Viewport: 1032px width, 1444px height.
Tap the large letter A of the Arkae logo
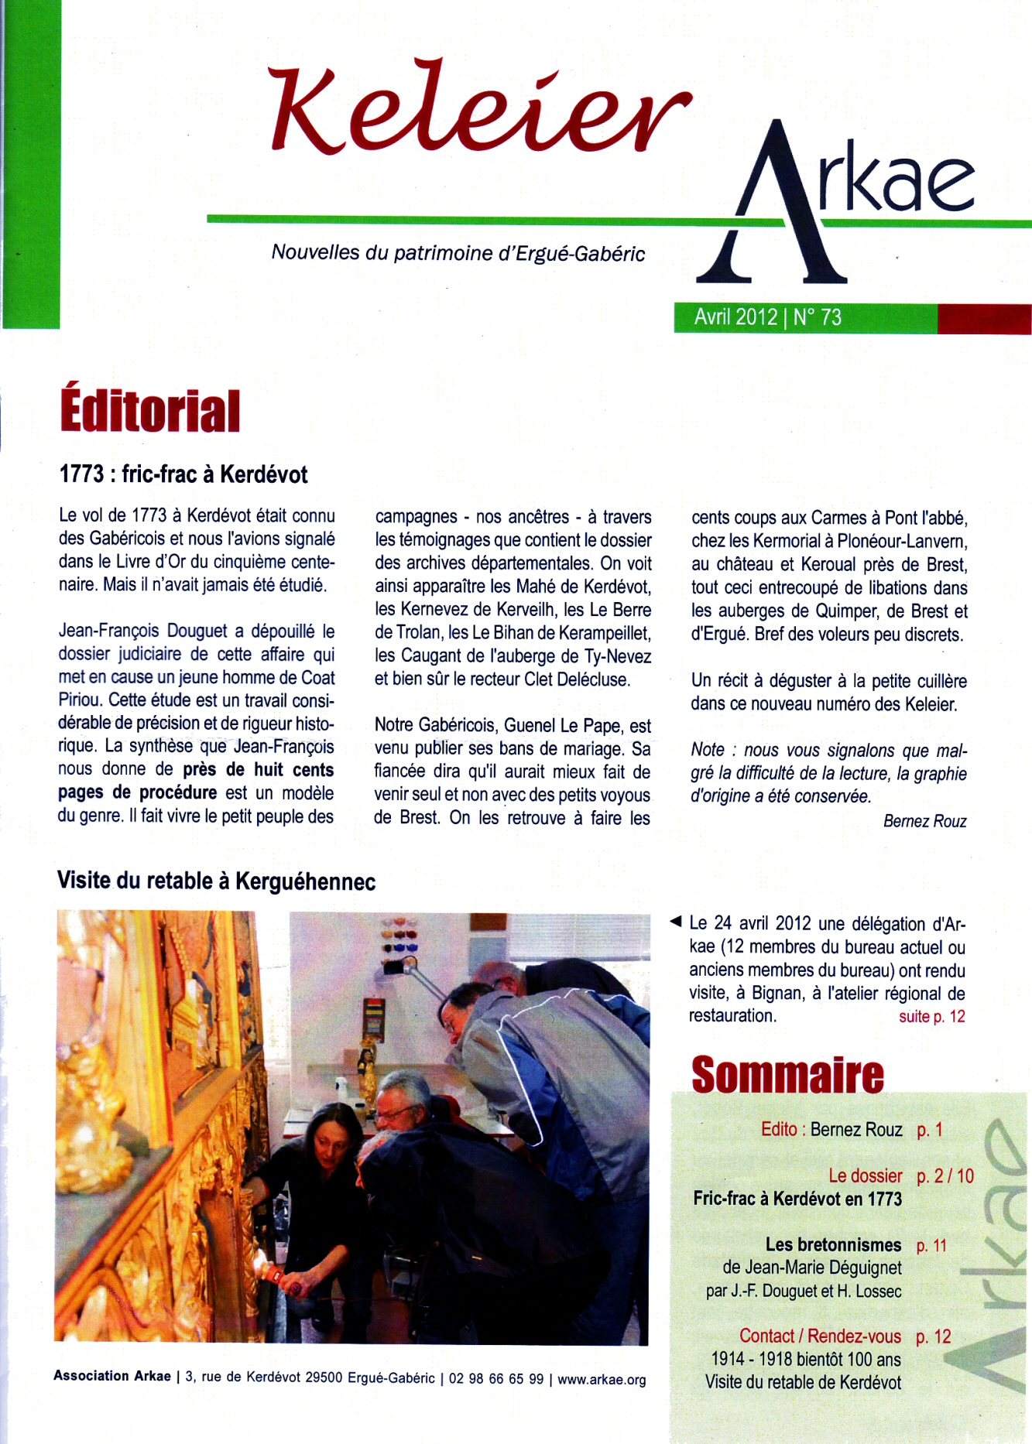tap(774, 209)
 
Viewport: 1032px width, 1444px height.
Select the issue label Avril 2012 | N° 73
tap(767, 317)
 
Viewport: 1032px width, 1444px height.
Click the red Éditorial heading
tap(150, 411)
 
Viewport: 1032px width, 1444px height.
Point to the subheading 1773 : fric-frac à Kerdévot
tap(183, 474)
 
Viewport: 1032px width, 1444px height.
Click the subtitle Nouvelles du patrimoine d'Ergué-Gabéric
tap(458, 253)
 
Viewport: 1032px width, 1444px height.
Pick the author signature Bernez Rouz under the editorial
tap(924, 821)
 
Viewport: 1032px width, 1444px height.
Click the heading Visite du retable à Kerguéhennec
tap(216, 881)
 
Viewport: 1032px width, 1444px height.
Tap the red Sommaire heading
tap(787, 1075)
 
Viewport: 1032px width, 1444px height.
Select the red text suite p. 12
tap(931, 1016)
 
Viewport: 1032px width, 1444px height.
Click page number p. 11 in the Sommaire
tap(931, 1245)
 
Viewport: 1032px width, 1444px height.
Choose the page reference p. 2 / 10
tap(945, 1175)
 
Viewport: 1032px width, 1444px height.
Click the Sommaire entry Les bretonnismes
tap(833, 1244)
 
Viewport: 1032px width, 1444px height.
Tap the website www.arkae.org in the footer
tap(602, 1379)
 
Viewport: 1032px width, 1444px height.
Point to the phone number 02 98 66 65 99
tap(496, 1379)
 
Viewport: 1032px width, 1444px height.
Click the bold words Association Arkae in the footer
tap(112, 1376)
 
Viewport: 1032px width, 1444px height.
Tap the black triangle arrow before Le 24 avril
tap(675, 921)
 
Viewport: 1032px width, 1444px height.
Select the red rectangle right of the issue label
tap(983, 318)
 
